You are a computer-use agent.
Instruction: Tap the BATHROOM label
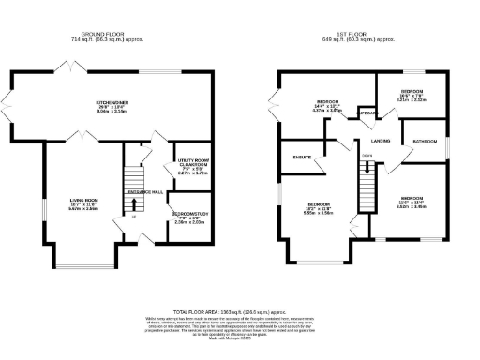click(427, 141)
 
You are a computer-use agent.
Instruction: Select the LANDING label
click(381, 141)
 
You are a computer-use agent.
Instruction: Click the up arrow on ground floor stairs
click(133, 217)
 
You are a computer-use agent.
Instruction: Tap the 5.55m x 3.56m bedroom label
click(319, 207)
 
